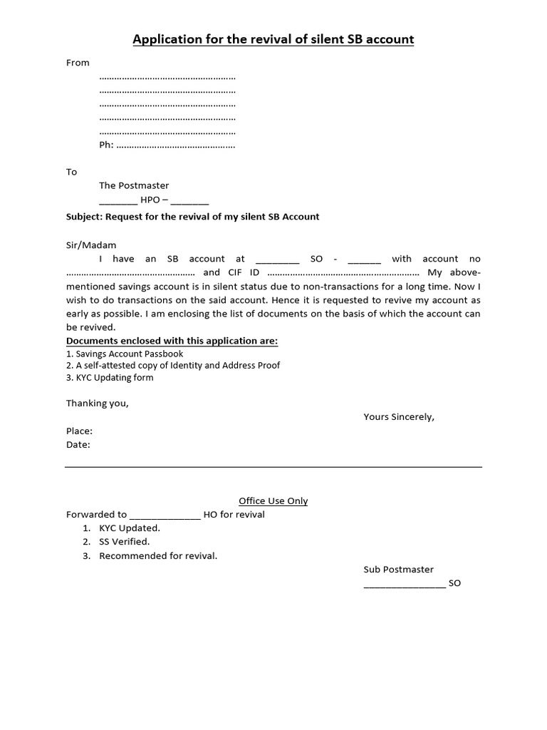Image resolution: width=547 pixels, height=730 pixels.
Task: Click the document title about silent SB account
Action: (x=273, y=38)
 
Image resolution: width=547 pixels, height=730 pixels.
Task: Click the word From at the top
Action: (x=78, y=63)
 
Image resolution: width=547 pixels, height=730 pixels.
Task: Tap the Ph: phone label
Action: (x=106, y=145)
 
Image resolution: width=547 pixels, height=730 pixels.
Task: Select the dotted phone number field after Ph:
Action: (x=175, y=145)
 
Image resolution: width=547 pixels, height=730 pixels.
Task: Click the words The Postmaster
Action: (x=134, y=185)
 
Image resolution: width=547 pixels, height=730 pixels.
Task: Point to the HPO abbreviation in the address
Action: (x=150, y=200)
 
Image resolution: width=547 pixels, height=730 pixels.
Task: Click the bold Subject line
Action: (x=192, y=217)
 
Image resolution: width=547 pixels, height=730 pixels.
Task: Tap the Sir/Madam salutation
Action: (x=90, y=245)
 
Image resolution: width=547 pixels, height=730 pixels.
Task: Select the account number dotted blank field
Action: (x=130, y=273)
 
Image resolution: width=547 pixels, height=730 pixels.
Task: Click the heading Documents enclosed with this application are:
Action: (x=172, y=341)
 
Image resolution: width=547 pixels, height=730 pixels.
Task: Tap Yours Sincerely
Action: (x=398, y=417)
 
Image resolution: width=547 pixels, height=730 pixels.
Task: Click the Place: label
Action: (x=79, y=431)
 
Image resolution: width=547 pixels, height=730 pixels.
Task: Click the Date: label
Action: (x=78, y=445)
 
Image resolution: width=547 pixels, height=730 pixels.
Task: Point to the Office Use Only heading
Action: (x=273, y=501)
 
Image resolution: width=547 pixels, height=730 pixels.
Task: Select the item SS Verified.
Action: (x=124, y=542)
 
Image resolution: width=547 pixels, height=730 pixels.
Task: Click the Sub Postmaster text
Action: (x=398, y=570)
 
